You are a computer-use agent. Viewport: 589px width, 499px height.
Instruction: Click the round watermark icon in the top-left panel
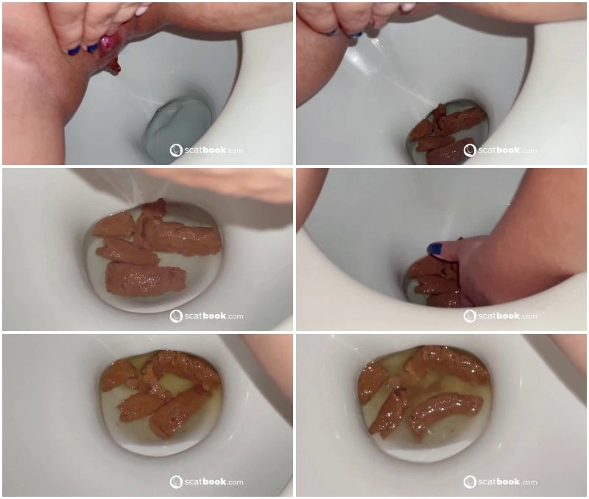(x=176, y=150)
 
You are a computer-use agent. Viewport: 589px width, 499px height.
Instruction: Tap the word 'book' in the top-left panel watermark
(x=214, y=150)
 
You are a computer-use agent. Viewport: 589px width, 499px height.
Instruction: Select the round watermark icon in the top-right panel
(x=470, y=150)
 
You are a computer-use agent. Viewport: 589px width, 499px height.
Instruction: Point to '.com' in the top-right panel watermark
(x=529, y=151)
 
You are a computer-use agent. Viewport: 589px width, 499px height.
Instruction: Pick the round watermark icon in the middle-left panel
(x=176, y=316)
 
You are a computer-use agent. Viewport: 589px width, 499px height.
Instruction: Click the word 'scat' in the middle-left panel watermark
(x=194, y=316)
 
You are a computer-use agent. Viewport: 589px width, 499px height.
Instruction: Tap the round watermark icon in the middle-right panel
(x=470, y=316)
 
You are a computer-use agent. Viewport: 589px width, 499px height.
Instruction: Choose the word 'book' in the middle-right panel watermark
(x=508, y=316)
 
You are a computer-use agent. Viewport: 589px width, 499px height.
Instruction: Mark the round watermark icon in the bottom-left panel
(x=176, y=482)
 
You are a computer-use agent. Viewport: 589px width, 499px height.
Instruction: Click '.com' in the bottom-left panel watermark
(x=235, y=483)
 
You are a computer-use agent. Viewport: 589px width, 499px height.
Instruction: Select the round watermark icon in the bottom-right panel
(x=470, y=482)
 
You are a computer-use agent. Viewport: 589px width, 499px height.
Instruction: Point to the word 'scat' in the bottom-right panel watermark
(x=487, y=482)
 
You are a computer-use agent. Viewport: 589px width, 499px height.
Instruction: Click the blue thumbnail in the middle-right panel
(x=434, y=248)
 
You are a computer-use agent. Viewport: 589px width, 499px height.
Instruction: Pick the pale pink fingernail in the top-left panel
(x=142, y=9)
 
